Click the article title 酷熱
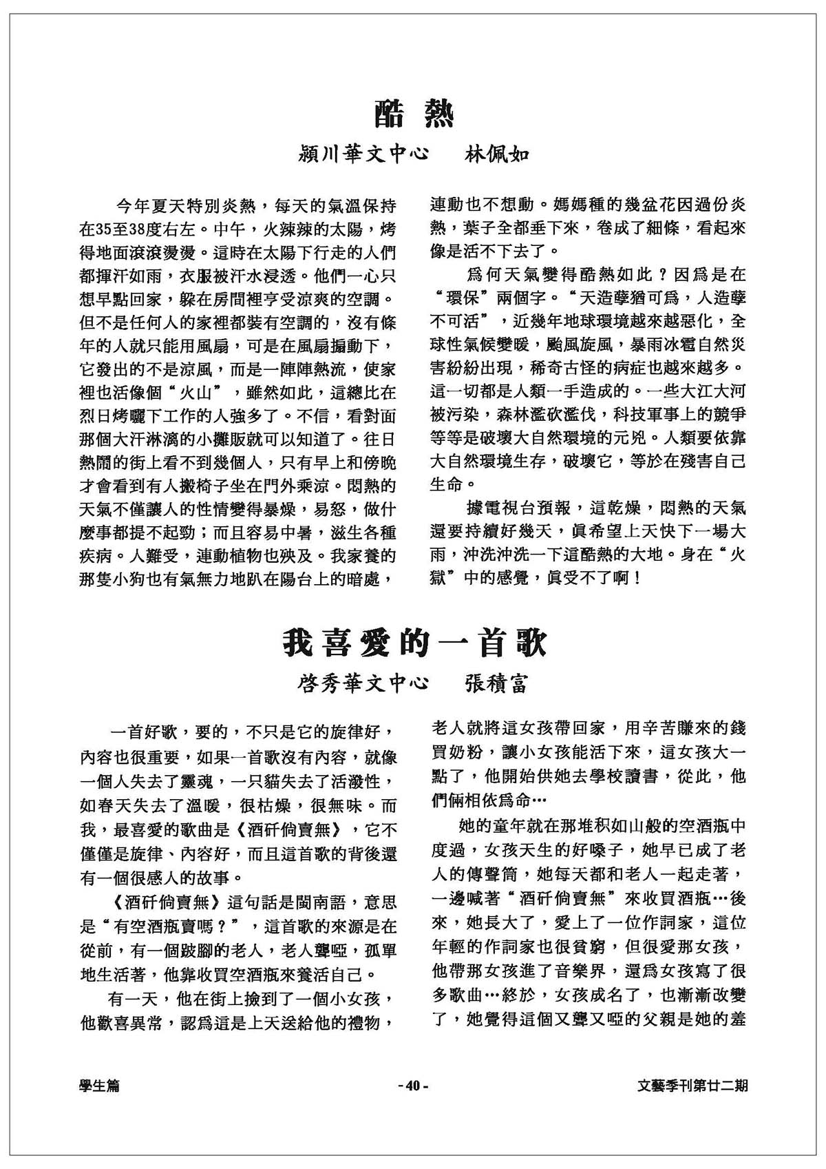(x=414, y=114)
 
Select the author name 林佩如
(x=494, y=153)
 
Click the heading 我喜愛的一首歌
(x=414, y=644)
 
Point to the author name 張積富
(x=494, y=683)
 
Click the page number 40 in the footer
(x=413, y=1086)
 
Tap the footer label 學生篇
(x=99, y=1086)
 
